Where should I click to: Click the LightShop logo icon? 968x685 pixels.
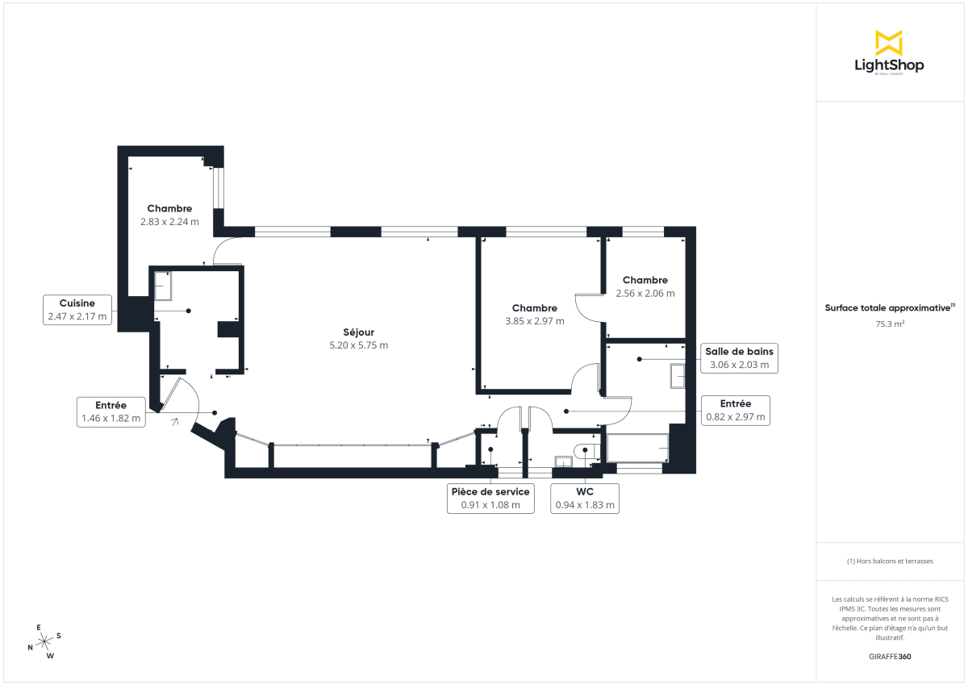(x=889, y=43)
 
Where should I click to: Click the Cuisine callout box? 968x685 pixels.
(x=77, y=310)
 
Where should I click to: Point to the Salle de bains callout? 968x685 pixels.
(x=739, y=357)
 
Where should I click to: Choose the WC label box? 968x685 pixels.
(x=585, y=499)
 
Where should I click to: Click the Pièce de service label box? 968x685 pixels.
(x=490, y=499)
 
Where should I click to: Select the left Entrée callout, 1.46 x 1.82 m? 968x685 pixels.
(x=111, y=411)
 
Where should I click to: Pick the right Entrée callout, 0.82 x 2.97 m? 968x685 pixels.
(x=735, y=411)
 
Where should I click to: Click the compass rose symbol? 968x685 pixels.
(x=44, y=641)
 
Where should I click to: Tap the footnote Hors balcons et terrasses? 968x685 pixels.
(x=889, y=561)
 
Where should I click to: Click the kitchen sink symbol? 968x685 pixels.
(x=163, y=286)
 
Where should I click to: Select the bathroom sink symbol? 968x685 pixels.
(x=677, y=375)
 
